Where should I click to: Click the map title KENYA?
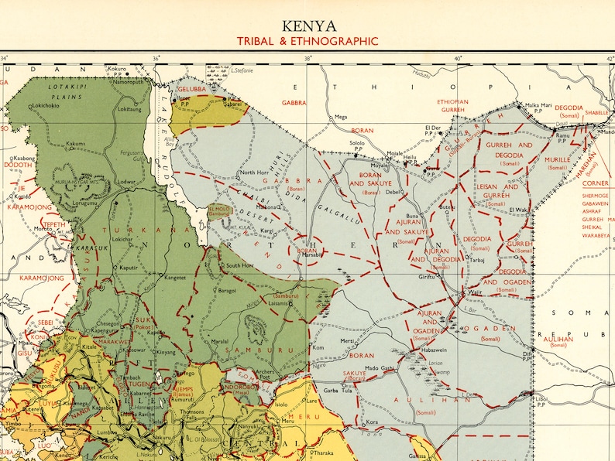(x=307, y=25)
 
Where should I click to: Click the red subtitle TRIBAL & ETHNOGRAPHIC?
(x=307, y=41)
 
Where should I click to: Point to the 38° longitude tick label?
(x=307, y=58)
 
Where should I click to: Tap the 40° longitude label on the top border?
(x=458, y=58)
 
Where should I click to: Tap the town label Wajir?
(x=476, y=292)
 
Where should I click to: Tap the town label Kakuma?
(x=75, y=144)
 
